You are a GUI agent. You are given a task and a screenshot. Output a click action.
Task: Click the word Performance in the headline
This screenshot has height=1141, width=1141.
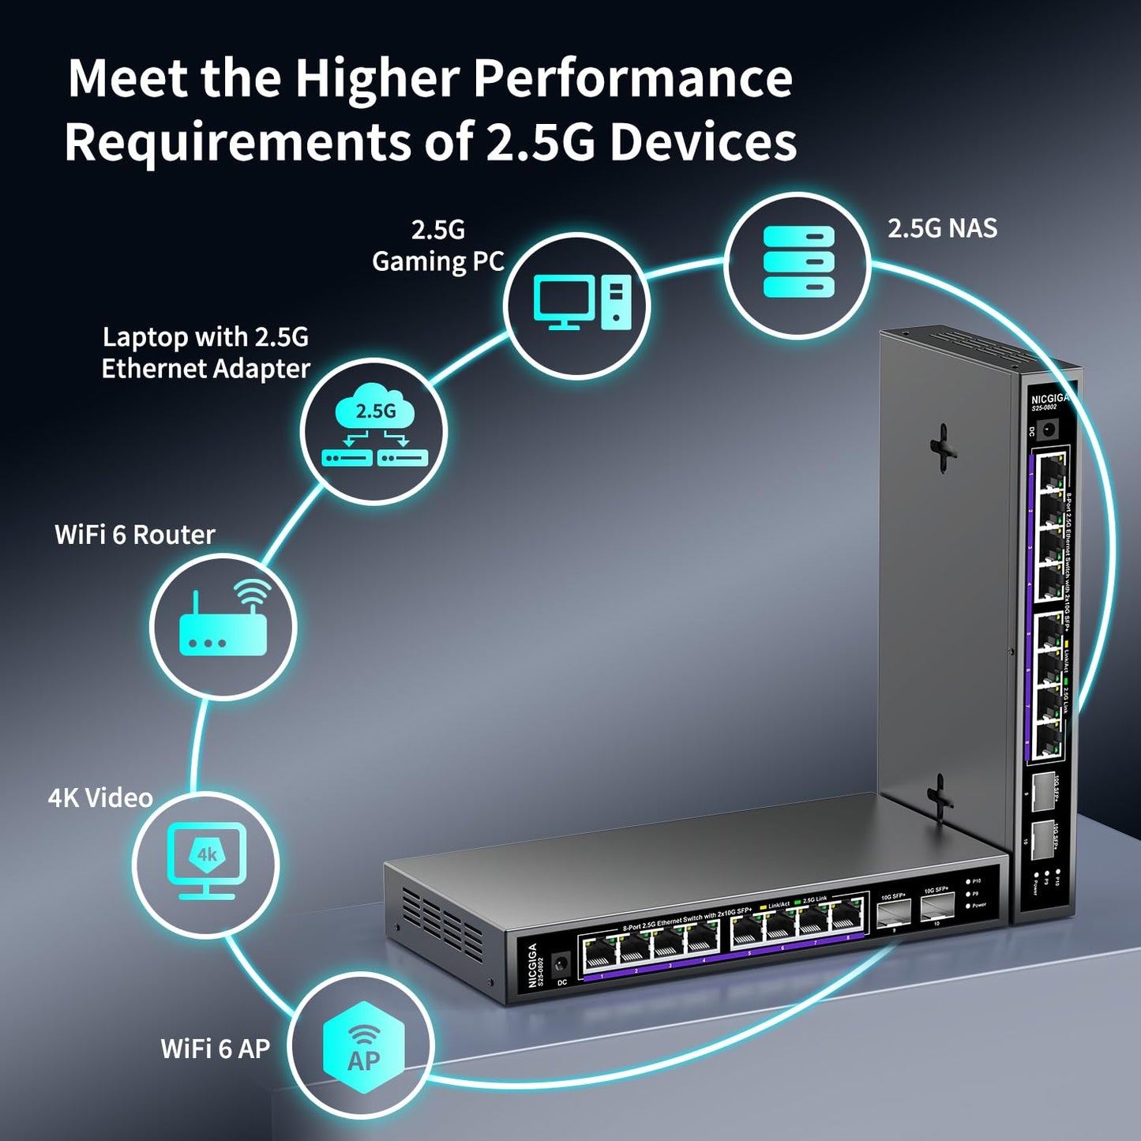(x=632, y=79)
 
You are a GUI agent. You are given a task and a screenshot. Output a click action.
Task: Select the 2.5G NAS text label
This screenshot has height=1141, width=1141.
(x=942, y=228)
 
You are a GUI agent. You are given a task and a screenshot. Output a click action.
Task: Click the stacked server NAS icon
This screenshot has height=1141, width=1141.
(x=798, y=261)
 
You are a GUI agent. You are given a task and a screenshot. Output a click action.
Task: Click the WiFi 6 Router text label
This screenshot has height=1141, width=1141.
(x=134, y=535)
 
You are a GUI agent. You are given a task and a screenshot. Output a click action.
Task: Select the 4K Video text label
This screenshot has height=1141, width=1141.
(x=100, y=798)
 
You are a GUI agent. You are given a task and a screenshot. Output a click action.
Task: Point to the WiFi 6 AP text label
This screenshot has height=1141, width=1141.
(x=215, y=1049)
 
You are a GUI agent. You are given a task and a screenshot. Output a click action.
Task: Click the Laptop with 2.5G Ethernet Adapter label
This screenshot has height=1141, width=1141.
(x=205, y=353)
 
